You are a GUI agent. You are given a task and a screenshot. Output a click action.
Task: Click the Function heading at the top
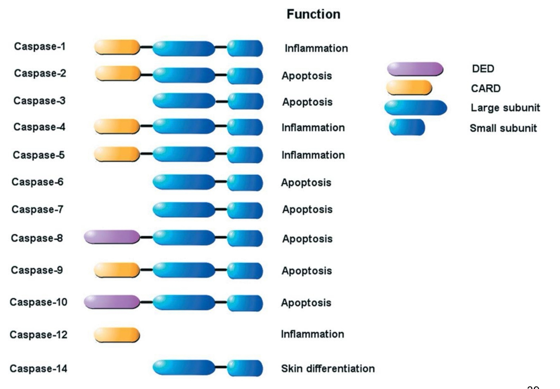(313, 14)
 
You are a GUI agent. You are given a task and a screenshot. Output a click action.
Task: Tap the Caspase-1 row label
(39, 47)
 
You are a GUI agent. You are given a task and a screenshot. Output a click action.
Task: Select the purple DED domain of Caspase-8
(112, 237)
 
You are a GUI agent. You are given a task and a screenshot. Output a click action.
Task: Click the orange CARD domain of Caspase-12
(117, 335)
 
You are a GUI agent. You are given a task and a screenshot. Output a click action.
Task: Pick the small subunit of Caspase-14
(245, 368)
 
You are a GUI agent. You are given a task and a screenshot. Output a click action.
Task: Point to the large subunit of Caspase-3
(184, 101)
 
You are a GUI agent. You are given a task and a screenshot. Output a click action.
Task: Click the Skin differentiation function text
(327, 369)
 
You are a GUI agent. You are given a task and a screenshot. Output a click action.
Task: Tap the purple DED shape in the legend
(415, 69)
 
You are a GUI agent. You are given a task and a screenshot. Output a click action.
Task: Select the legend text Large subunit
(505, 108)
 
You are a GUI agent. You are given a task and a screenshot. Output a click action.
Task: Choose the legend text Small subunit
(503, 128)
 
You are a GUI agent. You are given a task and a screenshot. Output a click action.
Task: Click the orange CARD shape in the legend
(409, 88)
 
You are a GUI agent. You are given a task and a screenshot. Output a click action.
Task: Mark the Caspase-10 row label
(38, 302)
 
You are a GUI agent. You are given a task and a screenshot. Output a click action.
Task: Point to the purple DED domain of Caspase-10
(112, 302)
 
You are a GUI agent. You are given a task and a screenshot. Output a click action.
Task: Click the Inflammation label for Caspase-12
(312, 334)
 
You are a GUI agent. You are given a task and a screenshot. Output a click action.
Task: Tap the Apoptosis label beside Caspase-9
(306, 271)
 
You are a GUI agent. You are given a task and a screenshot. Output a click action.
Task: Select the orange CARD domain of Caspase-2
(117, 74)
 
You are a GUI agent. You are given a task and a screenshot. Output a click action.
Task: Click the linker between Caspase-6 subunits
(221, 181)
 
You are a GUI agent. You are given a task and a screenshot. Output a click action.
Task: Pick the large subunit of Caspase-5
(184, 154)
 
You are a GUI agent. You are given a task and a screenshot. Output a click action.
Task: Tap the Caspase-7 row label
(37, 210)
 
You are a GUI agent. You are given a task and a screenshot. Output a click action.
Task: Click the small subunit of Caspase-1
(245, 48)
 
